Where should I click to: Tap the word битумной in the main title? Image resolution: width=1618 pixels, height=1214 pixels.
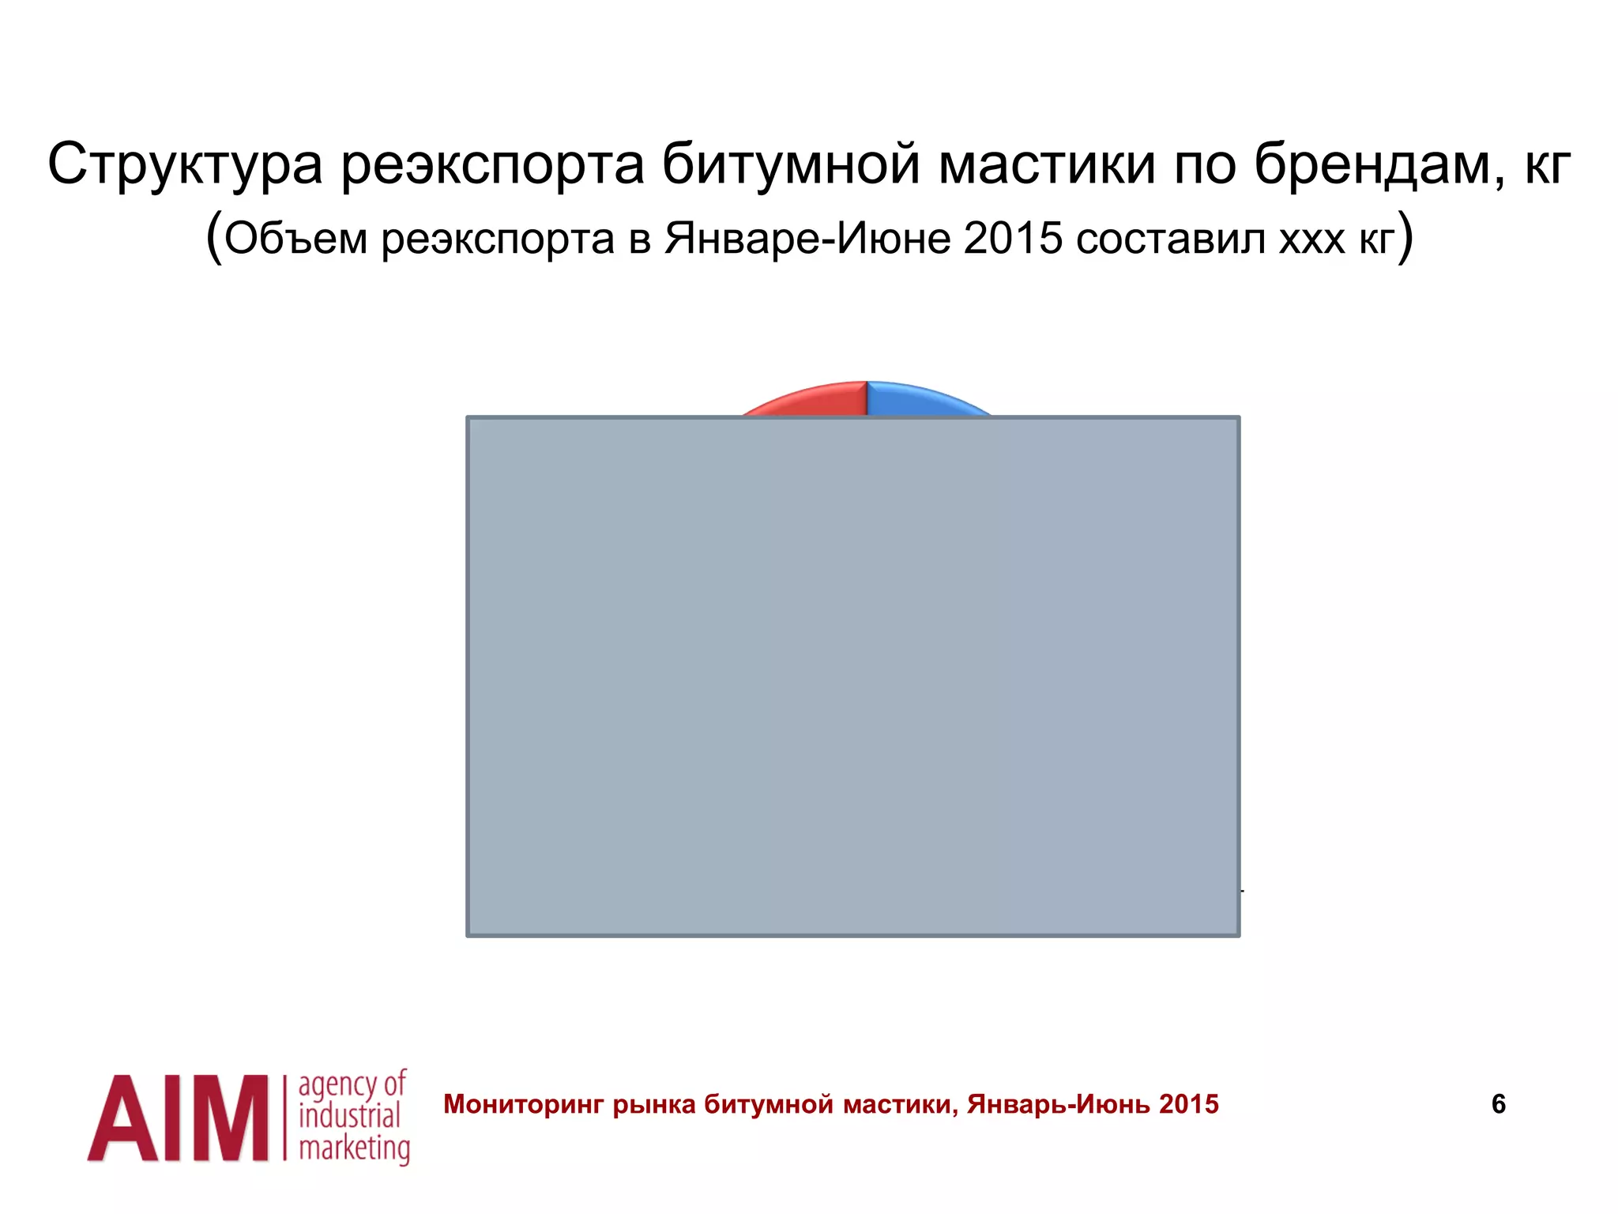click(x=790, y=164)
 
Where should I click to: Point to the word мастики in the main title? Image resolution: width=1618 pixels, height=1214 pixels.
click(x=1048, y=164)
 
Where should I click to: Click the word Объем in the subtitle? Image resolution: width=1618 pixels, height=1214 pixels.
click(x=295, y=238)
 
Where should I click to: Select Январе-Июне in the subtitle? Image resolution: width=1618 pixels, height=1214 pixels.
click(x=807, y=238)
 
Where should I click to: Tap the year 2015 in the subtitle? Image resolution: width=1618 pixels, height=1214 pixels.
click(x=1013, y=238)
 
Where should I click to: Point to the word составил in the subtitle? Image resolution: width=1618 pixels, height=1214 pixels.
click(x=1171, y=238)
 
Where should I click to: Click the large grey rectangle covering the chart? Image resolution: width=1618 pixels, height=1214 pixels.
click(x=853, y=677)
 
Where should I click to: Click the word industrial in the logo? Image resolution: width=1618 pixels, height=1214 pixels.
click(x=349, y=1117)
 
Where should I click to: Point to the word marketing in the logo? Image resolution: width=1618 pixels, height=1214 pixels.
click(x=354, y=1148)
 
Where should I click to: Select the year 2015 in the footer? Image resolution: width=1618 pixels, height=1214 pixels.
click(x=1189, y=1104)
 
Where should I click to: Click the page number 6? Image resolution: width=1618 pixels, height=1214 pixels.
click(x=1498, y=1104)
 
